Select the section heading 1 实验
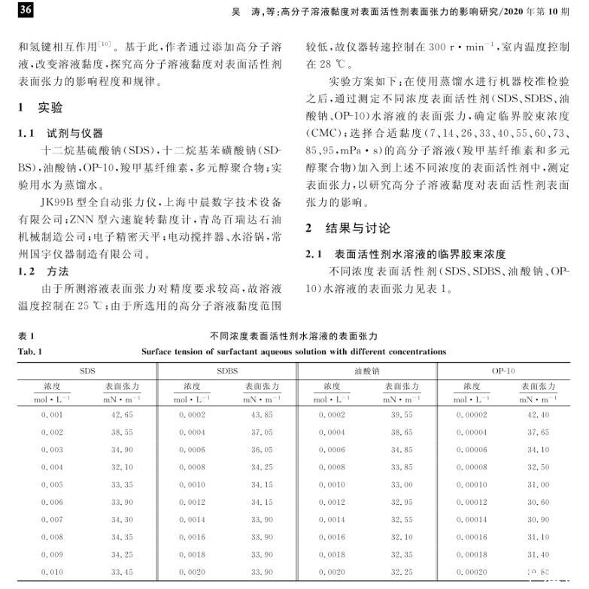[x=41, y=108]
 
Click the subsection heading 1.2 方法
[x=44, y=270]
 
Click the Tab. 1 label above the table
[x=30, y=351]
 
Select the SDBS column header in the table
[x=227, y=372]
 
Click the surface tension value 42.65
[x=122, y=414]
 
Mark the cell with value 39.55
[x=401, y=414]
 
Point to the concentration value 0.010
[x=53, y=572]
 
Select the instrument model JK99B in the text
[x=57, y=203]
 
